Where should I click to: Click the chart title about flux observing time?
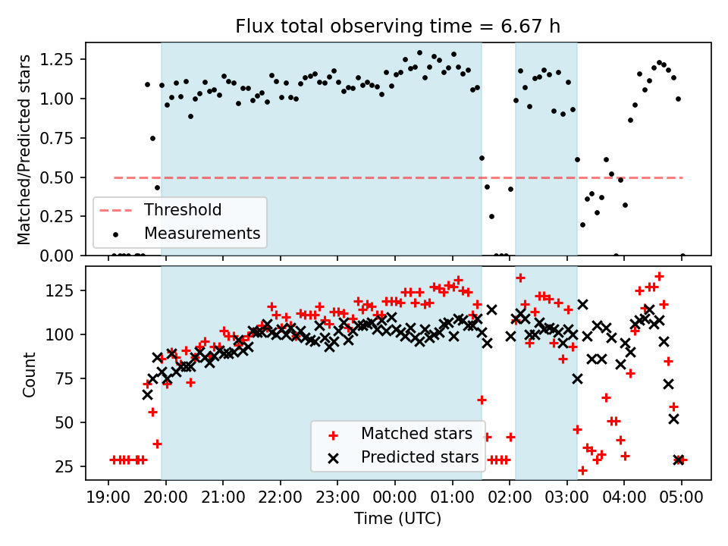pos(398,27)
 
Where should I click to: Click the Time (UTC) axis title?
pos(398,519)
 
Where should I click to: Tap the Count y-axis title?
pos(30,374)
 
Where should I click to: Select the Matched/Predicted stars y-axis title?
pos(24,149)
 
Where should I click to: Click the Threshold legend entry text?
pos(183,210)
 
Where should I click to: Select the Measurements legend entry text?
pos(202,233)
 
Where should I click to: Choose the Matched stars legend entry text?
pos(416,434)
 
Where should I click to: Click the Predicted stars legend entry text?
pos(419,457)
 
